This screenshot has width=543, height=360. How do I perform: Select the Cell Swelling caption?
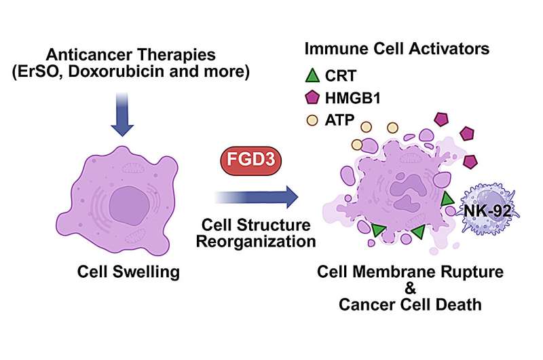click(127, 273)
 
